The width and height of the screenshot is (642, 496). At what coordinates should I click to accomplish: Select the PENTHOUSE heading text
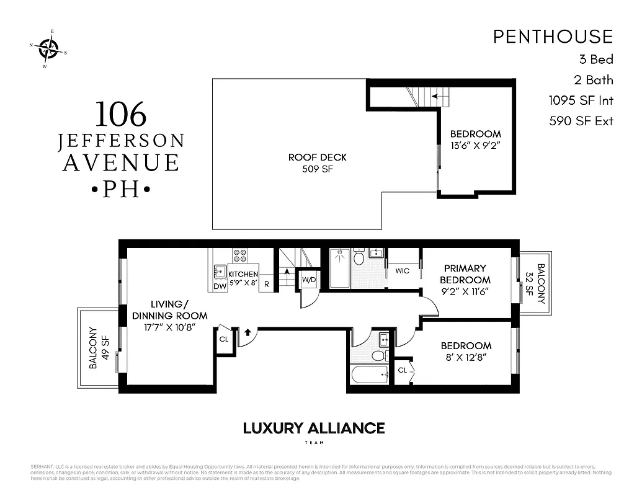click(553, 37)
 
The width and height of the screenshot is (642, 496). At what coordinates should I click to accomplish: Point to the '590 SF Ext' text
click(581, 121)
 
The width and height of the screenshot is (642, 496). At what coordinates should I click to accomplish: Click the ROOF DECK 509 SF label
click(317, 162)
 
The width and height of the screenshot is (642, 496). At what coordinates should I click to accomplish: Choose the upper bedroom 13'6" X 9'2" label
click(475, 139)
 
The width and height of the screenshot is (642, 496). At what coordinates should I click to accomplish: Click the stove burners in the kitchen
click(239, 256)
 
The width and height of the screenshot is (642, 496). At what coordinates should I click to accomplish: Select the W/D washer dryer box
click(309, 280)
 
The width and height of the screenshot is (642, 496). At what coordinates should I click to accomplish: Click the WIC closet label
click(402, 271)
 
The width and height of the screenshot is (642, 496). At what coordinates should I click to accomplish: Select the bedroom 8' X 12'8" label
click(466, 351)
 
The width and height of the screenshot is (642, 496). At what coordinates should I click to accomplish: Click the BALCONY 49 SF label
click(99, 348)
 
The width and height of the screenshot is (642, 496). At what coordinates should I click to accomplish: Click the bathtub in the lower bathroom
click(368, 374)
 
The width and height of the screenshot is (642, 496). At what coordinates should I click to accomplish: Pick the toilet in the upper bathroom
click(359, 258)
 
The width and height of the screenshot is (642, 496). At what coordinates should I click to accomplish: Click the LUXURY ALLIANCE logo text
click(313, 428)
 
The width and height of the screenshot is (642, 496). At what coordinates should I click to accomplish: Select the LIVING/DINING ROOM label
click(169, 310)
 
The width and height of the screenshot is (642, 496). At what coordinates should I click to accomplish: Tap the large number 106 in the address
click(121, 114)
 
